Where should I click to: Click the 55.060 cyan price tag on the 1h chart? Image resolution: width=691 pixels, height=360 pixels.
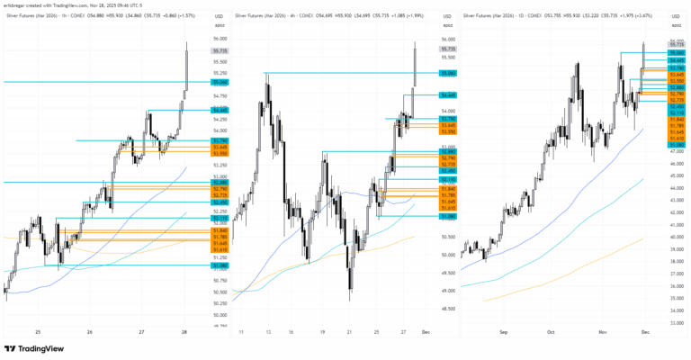coord(220,82)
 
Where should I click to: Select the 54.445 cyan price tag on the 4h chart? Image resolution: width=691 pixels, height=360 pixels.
coord(448,94)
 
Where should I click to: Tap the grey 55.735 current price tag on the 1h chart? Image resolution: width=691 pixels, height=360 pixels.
coord(220,52)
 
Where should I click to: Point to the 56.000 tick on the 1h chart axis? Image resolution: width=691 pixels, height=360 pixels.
coord(220,40)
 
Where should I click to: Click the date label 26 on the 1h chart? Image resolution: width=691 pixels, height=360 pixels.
coord(90,331)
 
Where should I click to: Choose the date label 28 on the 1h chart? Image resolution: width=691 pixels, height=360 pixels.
coord(184,331)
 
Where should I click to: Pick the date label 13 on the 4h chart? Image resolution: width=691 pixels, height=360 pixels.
coord(266,331)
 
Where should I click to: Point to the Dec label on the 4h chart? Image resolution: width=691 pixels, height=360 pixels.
coord(425,331)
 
